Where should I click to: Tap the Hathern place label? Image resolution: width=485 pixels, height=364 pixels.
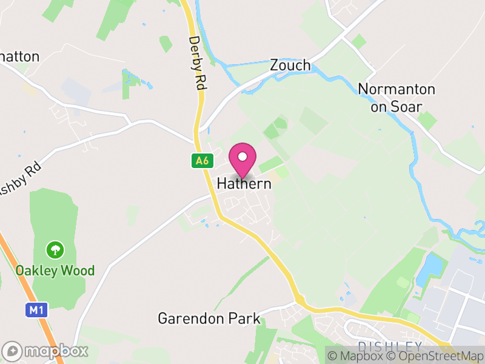pos(244,183)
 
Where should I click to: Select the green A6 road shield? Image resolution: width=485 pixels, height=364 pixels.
pos(202,161)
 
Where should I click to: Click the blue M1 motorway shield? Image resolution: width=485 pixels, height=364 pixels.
pos(36,310)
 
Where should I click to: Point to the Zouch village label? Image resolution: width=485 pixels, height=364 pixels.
pos(290,66)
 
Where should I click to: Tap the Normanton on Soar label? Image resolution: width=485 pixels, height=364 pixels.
pos(396,97)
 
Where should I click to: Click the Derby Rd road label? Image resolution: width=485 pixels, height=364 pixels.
pos(195,64)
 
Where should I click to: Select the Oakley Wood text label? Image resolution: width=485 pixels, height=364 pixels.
pos(55,270)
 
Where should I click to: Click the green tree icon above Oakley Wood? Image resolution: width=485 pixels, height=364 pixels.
pos(55,249)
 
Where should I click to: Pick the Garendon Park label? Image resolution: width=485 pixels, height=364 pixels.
pos(209,318)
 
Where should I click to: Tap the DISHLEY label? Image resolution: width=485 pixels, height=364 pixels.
pos(389,346)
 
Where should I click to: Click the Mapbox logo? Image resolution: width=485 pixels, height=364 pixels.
pos(45,351)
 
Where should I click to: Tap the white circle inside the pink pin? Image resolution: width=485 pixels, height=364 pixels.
pos(242,157)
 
